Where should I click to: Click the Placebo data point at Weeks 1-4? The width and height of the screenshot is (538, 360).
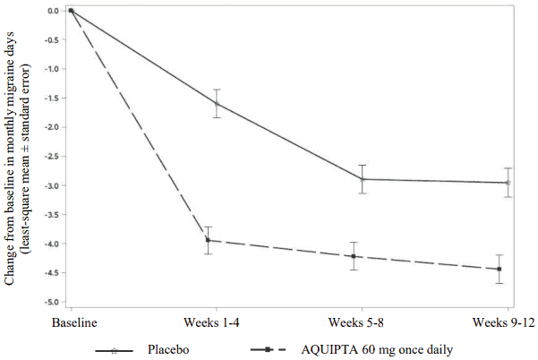[216, 104]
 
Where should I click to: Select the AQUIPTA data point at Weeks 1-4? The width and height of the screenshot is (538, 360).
[208, 240]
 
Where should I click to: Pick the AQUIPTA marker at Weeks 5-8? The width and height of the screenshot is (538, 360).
[354, 256]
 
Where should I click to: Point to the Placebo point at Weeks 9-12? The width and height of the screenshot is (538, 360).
[508, 183]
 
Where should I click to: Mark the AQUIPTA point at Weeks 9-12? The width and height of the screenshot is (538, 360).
[500, 270]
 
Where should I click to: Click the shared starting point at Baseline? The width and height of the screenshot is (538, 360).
[71, 11]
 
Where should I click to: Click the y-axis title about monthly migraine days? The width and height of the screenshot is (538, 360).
[25, 161]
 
